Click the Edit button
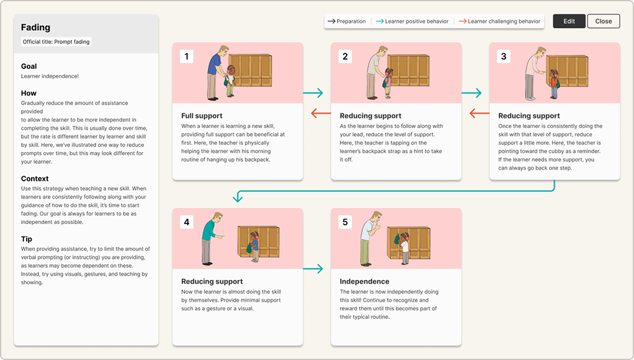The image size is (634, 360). (x=569, y=21)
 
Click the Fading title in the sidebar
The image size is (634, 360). (x=35, y=27)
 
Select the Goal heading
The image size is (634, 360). (x=29, y=66)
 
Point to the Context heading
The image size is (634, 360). (x=35, y=178)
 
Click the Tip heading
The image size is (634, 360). (x=27, y=239)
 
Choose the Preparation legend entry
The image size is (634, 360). (x=347, y=21)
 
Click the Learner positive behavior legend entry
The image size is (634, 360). (x=412, y=21)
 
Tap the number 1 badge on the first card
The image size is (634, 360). (x=187, y=56)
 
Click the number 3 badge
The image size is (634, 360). (x=504, y=56)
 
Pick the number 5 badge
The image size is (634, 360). (x=346, y=222)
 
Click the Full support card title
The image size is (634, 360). (x=202, y=115)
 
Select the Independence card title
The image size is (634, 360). (x=365, y=281)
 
